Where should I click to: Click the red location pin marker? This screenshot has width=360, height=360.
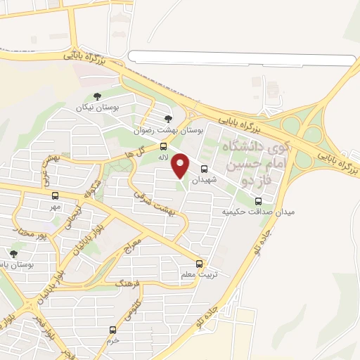pos(181,165)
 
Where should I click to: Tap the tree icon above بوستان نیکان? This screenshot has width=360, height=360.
pos(97,96)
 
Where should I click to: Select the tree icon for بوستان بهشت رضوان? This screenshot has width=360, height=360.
pos(167,119)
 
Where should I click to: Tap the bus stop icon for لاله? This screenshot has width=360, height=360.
pos(164,147)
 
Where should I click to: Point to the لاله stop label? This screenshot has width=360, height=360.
pos(163,158)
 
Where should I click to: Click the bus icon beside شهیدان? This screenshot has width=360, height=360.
pos(205,169)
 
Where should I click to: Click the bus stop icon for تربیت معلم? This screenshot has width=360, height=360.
pos(199,264)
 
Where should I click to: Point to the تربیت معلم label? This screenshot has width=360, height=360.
pos(199,275)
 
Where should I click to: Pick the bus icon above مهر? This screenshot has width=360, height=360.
pos(54,196)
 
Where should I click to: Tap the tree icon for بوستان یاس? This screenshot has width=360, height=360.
pos(13,253)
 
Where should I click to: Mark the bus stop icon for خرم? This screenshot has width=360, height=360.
pos(112,330)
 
